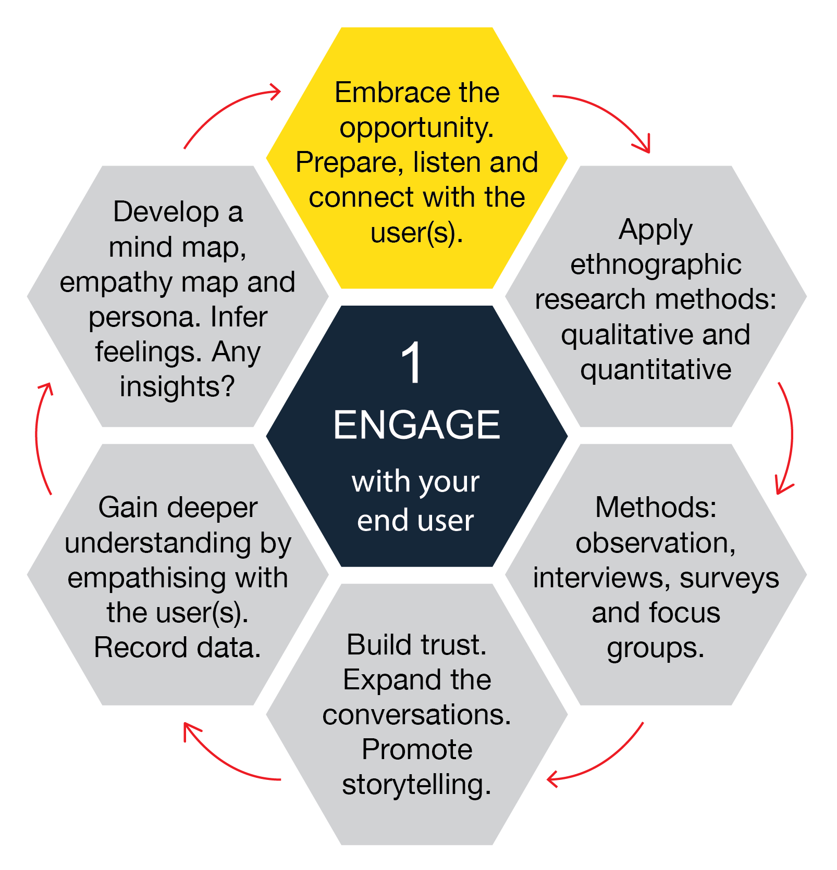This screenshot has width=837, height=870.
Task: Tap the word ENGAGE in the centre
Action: [x=416, y=425]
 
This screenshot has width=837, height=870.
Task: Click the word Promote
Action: [x=417, y=750]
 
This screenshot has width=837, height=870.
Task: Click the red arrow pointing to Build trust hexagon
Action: [x=599, y=760]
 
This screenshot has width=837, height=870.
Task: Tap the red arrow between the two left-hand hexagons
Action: [x=41, y=437]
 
